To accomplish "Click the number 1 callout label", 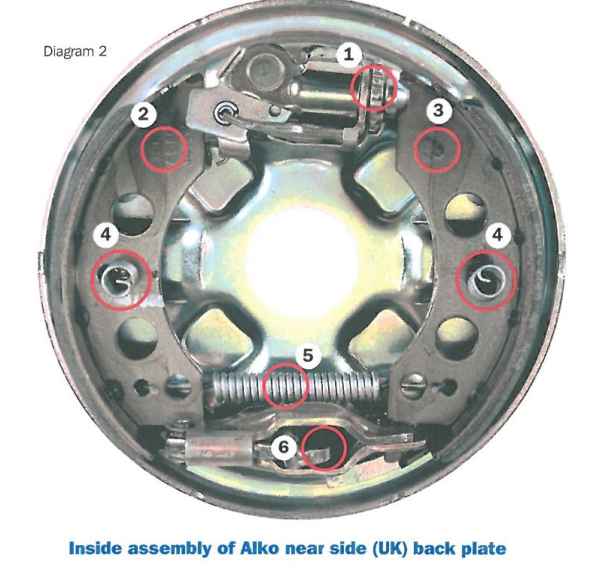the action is coord(349,55).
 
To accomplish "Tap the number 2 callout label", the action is coord(143,114).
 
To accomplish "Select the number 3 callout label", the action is coord(438,111).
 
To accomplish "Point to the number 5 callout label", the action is coord(308,355).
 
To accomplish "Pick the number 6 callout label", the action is coord(283,447).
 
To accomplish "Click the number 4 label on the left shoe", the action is coord(106,235).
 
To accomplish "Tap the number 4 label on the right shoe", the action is coord(497,235).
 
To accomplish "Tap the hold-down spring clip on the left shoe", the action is coord(117,280).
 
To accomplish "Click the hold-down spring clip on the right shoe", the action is coord(485,280).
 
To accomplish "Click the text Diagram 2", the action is coord(75,51).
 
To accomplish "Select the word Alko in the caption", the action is coord(259,547).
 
